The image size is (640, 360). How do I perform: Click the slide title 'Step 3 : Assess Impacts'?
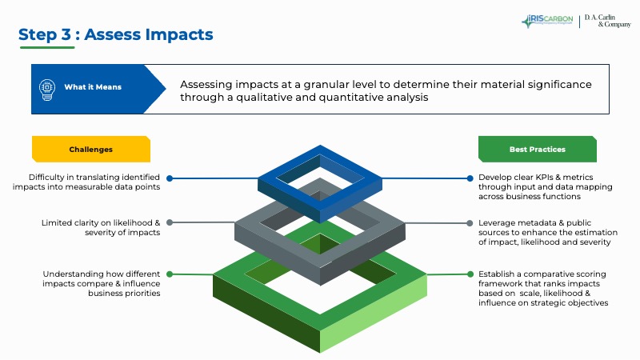(x=116, y=34)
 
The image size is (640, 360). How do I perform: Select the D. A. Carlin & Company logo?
(x=606, y=21)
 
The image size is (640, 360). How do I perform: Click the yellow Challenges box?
(x=91, y=150)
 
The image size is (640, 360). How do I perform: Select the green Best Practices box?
(x=537, y=150)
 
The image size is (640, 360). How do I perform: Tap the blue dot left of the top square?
(x=170, y=178)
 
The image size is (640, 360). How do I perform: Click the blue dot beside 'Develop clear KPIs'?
(x=470, y=178)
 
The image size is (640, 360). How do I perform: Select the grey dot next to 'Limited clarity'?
(x=170, y=222)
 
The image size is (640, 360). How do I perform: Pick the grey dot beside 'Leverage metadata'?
(x=470, y=222)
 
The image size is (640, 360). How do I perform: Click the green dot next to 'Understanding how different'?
(x=170, y=274)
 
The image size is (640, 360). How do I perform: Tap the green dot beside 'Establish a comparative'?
(x=470, y=274)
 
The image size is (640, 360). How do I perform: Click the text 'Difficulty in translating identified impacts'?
(x=86, y=182)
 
